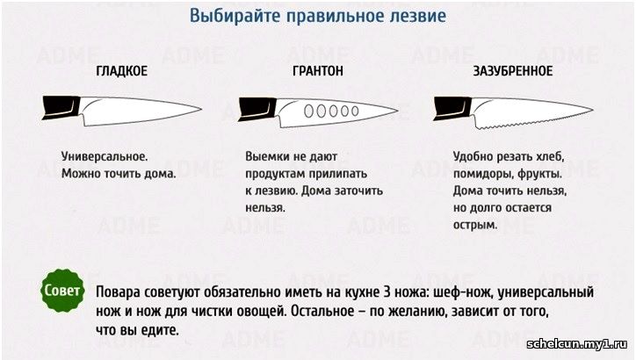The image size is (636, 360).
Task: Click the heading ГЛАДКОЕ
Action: click(122, 71)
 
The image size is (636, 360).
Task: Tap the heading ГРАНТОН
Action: click(318, 71)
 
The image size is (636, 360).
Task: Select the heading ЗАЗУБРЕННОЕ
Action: click(513, 71)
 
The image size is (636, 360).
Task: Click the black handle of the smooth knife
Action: click(61, 107)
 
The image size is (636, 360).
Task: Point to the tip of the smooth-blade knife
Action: click(201, 109)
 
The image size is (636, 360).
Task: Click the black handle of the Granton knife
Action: click(257, 109)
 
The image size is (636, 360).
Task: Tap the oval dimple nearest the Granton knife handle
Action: click(308, 112)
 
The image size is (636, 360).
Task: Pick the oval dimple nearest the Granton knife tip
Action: click(355, 111)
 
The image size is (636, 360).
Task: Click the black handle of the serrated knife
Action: click(452, 108)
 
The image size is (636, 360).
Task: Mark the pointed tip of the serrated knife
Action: click(593, 109)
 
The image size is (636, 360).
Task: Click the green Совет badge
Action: click(62, 291)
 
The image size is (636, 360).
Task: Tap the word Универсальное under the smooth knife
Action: click(105, 156)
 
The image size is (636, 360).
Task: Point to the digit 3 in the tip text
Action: click(387, 292)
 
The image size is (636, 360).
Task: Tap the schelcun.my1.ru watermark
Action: click(576, 344)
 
